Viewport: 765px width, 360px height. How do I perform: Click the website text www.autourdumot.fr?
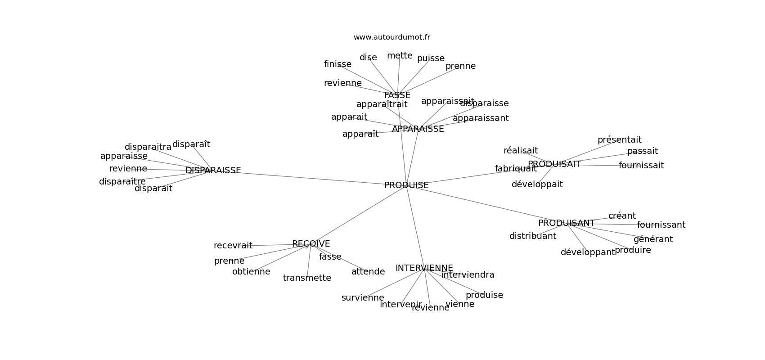[391, 37]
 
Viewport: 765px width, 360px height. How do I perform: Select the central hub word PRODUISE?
[406, 185]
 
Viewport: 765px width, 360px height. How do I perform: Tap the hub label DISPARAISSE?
[213, 171]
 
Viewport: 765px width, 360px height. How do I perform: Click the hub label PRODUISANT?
[566, 223]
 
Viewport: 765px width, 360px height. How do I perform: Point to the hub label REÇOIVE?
[310, 244]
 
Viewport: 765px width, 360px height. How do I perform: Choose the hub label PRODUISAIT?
[554, 164]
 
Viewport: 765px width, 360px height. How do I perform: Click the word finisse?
[337, 64]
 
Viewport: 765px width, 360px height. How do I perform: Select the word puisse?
[431, 58]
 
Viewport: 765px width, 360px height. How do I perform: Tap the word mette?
[400, 56]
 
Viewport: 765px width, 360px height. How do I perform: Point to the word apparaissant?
[481, 118]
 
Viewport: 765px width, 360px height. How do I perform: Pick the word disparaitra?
[148, 147]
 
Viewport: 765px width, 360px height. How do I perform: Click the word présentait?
[619, 140]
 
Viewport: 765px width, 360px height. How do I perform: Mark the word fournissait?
[641, 166]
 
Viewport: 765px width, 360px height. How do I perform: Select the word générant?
[653, 239]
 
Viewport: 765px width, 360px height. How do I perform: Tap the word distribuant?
[532, 236]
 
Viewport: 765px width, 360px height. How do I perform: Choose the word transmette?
[307, 278]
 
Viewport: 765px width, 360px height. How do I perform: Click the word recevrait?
[233, 246]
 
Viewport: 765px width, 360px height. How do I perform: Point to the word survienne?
[363, 298]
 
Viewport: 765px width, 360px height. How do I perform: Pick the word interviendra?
[468, 275]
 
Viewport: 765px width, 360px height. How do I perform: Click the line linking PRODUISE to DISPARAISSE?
[310, 177]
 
